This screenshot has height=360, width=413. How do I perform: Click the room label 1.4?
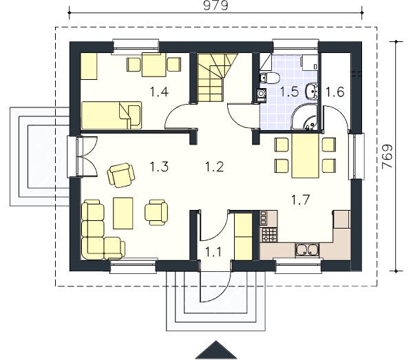(x=159, y=92)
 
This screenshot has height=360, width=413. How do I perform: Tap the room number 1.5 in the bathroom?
(x=289, y=92)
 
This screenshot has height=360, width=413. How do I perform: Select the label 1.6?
(x=335, y=92)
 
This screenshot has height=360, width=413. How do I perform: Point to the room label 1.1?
(x=213, y=252)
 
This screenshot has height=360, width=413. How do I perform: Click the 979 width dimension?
(x=215, y=6)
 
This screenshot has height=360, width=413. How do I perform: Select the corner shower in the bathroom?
(x=305, y=118)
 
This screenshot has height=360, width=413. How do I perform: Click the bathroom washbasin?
(x=312, y=91)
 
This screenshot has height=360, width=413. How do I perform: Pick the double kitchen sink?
(x=307, y=250)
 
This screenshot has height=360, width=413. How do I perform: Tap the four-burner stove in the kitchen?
(x=269, y=235)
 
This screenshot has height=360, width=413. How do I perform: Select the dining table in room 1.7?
(x=306, y=156)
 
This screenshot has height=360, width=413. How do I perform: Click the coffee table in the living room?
(x=123, y=213)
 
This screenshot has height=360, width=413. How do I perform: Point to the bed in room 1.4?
(x=112, y=116)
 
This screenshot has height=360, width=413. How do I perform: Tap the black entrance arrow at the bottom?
(x=216, y=350)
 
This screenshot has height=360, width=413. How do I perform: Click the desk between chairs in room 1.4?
(x=154, y=65)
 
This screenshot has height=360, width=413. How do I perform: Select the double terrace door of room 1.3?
(x=87, y=156)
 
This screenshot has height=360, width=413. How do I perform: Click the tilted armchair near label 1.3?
(x=121, y=175)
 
